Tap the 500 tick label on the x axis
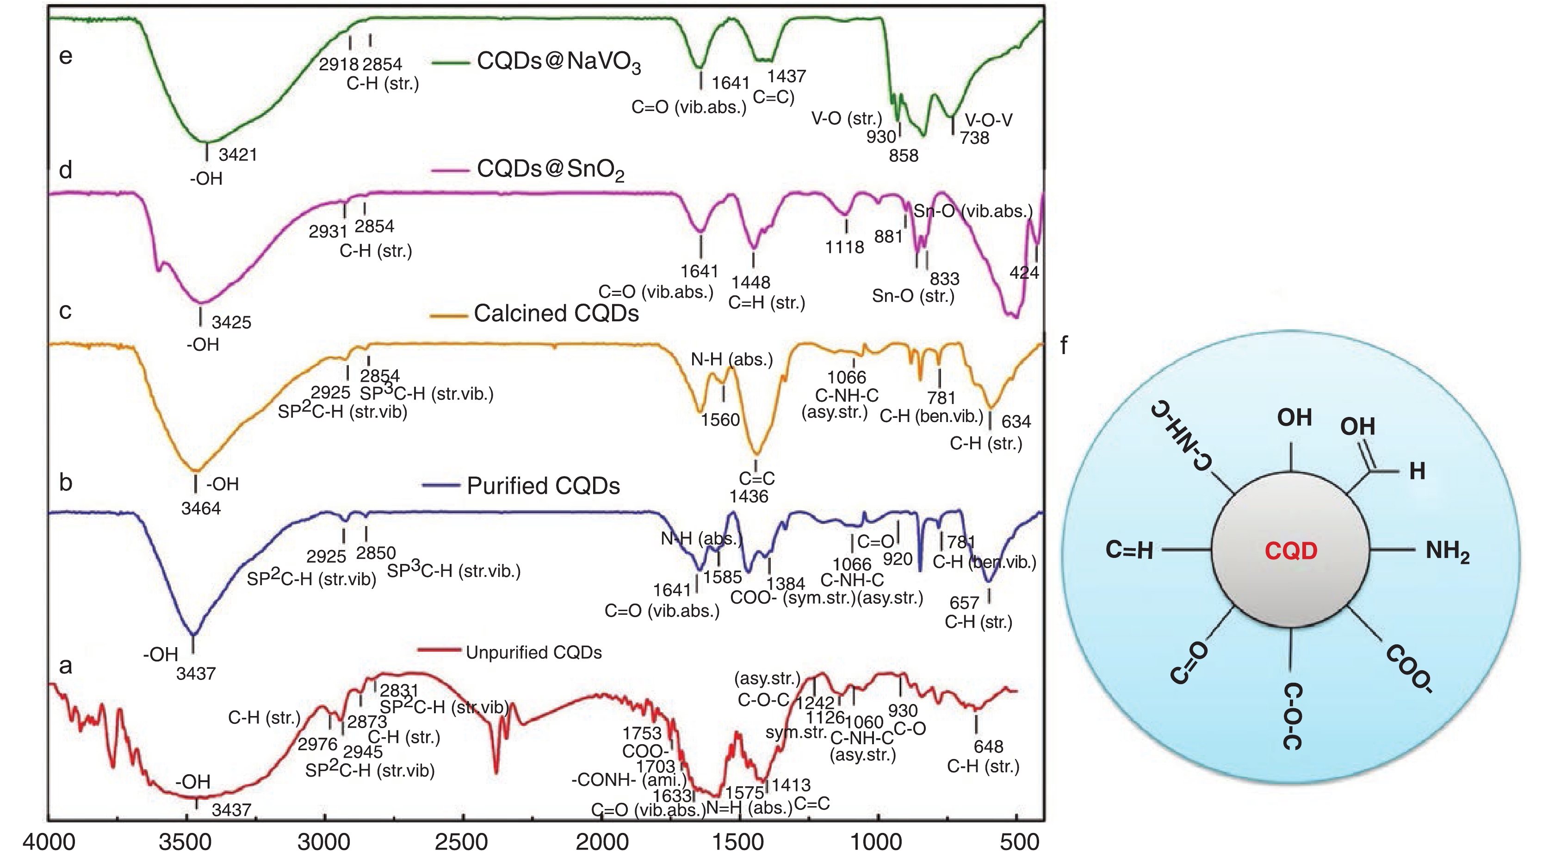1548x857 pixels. [1020, 842]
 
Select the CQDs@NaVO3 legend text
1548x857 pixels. [558, 62]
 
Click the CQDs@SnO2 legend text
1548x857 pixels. [550, 170]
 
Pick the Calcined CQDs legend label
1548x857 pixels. [556, 313]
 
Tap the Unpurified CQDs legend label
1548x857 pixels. [533, 653]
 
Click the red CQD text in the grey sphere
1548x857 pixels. [1291, 551]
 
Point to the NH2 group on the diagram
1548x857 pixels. [1447, 551]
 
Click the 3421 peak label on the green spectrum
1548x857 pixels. [237, 155]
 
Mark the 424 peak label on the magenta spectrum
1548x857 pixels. [1024, 273]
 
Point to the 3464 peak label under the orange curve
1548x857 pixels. [201, 508]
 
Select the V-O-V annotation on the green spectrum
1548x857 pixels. [989, 120]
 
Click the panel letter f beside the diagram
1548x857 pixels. [1064, 346]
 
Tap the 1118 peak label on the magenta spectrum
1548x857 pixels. [844, 247]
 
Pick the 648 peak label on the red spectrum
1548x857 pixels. [989, 747]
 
